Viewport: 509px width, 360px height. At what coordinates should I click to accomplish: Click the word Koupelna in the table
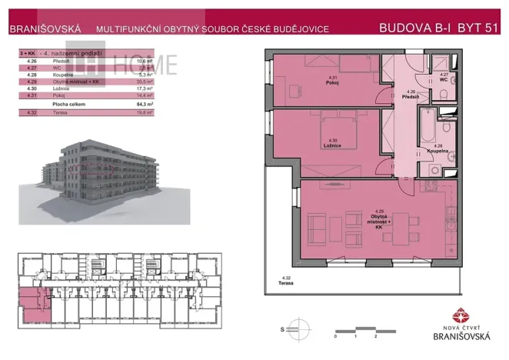pos(62,75)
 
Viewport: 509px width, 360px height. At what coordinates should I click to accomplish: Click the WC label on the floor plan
pos(444,79)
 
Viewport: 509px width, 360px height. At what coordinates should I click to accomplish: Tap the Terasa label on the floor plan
pos(288,283)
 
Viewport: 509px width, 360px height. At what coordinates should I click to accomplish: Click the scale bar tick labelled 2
pos(374,337)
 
